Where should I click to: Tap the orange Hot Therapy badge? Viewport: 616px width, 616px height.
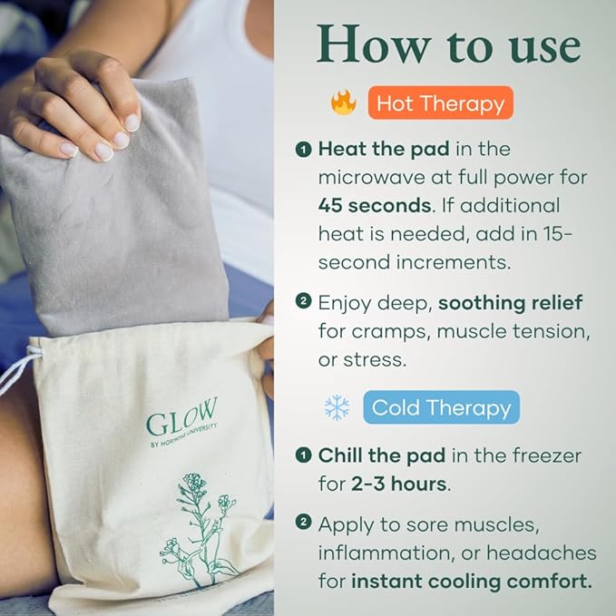(441, 103)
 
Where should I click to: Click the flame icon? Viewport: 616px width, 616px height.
(344, 103)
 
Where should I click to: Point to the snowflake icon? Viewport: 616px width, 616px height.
(337, 407)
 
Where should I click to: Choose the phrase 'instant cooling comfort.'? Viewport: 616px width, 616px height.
(484, 581)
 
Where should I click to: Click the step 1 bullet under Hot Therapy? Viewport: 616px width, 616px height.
(303, 149)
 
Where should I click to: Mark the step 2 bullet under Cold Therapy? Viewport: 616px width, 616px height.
(303, 523)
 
